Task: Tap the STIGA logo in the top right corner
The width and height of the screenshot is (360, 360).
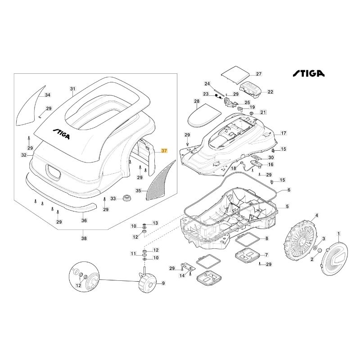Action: point(310,73)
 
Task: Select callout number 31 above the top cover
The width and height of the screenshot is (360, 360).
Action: point(73,89)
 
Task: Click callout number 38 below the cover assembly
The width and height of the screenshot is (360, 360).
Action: point(84,238)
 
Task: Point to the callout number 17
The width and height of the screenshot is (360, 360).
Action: point(283,133)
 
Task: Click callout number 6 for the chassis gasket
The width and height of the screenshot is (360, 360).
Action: point(289,190)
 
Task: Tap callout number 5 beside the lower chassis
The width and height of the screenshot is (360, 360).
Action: point(288,207)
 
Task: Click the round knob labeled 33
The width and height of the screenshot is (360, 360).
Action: point(126,198)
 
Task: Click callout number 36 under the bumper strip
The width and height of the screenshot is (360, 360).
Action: point(84,220)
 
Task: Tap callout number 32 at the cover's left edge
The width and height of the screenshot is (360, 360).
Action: point(24,155)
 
